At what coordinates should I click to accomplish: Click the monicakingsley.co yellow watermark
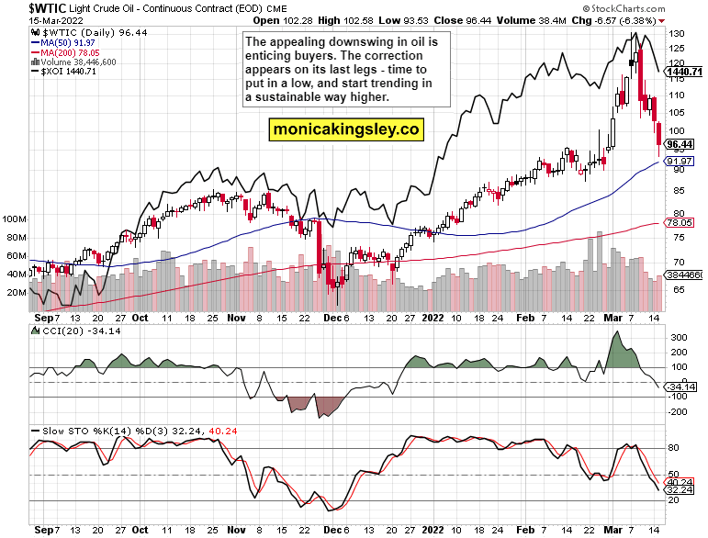[x=345, y=130]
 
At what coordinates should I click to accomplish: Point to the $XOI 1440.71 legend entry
[x=66, y=72]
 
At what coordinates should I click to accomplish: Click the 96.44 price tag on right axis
[x=679, y=144]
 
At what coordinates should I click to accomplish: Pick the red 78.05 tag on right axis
[x=679, y=222]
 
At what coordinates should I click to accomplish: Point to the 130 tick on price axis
[x=677, y=34]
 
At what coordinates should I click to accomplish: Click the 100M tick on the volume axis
[x=15, y=220]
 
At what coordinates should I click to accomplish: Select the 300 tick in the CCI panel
[x=677, y=338]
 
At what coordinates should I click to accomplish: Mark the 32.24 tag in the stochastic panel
[x=679, y=490]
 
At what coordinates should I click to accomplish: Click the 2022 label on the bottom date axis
[x=433, y=530]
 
